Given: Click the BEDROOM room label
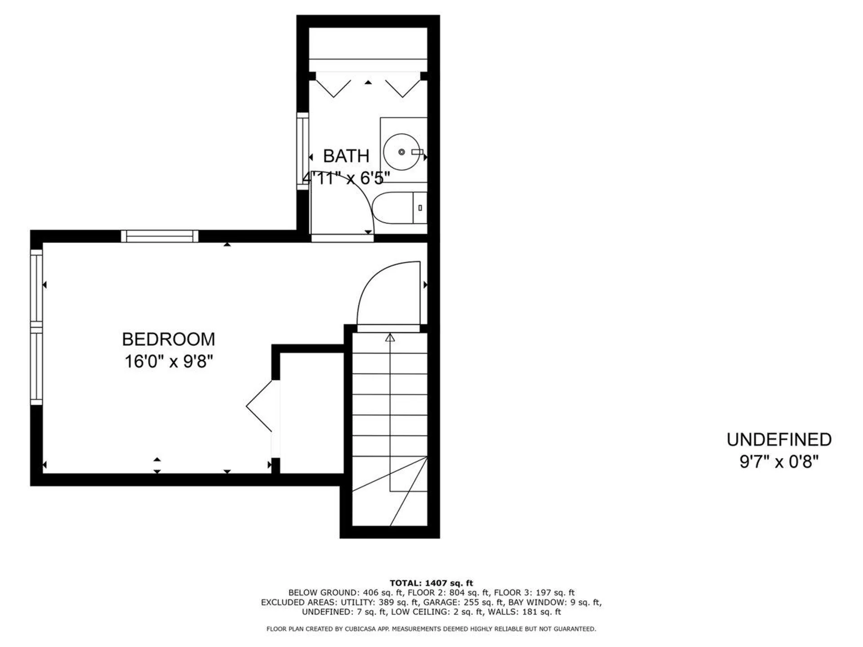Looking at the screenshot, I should click(169, 340).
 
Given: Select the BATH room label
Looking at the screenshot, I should click(346, 156).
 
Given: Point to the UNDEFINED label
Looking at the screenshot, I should click(779, 440).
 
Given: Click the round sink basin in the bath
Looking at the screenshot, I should click(401, 152).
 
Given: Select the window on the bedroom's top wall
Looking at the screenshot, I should click(160, 236).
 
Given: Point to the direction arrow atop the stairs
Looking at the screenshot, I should click(390, 337).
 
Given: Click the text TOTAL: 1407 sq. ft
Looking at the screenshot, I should click(431, 583).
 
